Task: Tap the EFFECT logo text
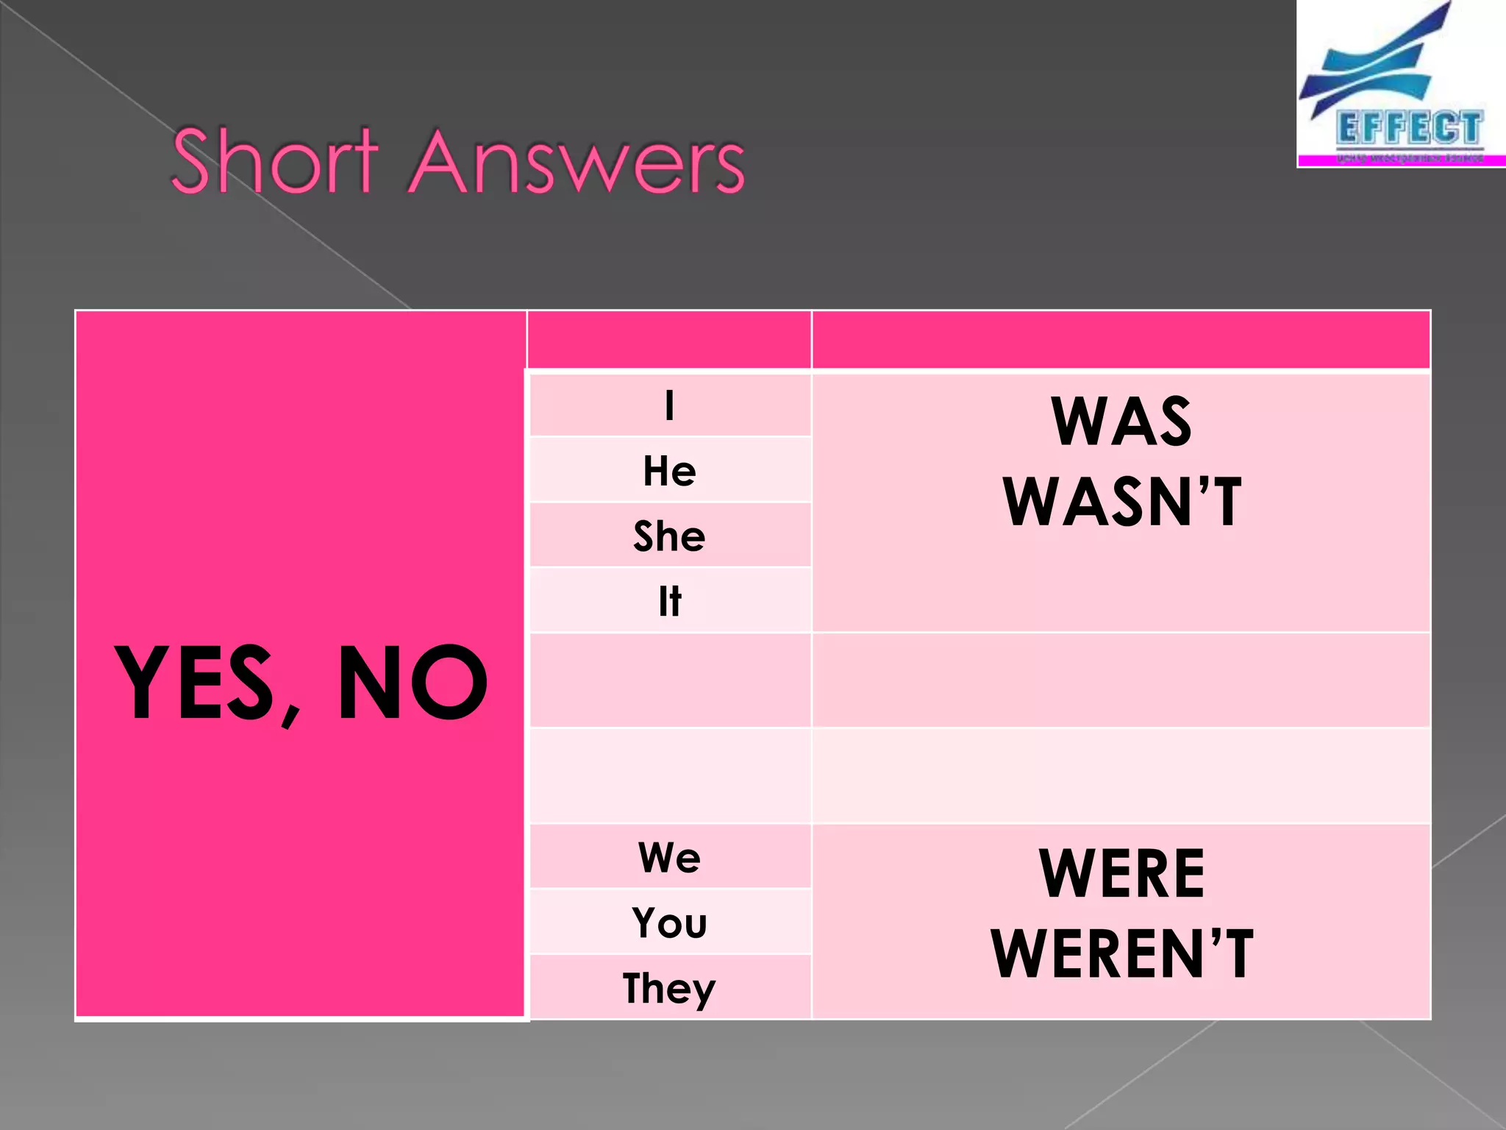[1408, 128]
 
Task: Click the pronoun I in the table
[669, 405]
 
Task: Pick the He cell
[669, 471]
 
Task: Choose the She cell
[669, 536]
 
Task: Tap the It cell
[669, 601]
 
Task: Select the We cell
[669, 857]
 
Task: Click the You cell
[669, 923]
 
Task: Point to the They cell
[669, 988]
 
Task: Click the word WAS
[1121, 422]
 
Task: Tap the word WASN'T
[1121, 502]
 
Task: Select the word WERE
[1121, 874]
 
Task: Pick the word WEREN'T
[1121, 954]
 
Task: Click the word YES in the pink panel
[195, 683]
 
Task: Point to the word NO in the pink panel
[412, 683]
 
